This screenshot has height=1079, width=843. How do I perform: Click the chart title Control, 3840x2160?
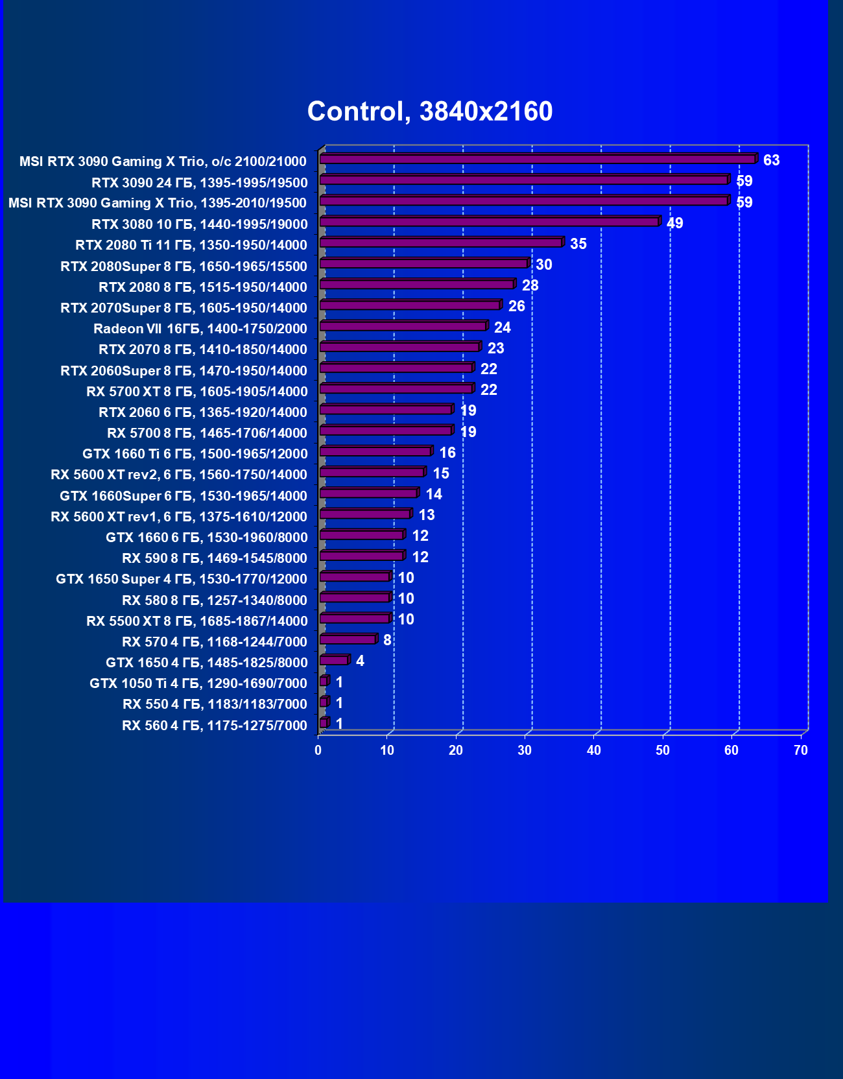click(x=430, y=112)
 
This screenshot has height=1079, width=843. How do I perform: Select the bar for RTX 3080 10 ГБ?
click(x=490, y=222)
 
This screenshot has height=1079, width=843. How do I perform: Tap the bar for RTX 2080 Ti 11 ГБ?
click(x=441, y=243)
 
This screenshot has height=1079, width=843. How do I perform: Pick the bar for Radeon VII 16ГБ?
click(x=403, y=327)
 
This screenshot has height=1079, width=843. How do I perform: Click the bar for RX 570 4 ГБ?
click(x=348, y=640)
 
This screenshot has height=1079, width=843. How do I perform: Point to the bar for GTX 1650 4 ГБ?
click(x=335, y=661)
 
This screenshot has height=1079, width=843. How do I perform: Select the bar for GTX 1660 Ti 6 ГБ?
click(x=375, y=452)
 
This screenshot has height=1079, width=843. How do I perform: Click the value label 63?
click(x=771, y=160)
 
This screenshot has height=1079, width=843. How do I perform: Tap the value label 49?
click(x=674, y=223)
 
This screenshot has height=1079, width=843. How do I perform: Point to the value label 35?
click(x=578, y=244)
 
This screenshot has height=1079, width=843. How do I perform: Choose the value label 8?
click(x=387, y=640)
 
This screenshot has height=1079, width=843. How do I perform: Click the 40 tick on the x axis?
click(x=593, y=750)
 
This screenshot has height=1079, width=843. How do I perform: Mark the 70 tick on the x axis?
click(x=801, y=750)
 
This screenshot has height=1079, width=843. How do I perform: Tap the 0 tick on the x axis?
click(x=318, y=750)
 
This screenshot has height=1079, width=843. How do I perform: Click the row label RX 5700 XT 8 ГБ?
click(x=197, y=392)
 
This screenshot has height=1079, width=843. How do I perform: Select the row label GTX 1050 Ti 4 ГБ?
click(x=198, y=683)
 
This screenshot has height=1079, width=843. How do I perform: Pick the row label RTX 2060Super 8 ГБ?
click(x=184, y=371)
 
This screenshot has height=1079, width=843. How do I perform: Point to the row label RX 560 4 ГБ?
click(x=215, y=726)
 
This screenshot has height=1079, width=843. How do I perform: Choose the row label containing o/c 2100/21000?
click(x=163, y=161)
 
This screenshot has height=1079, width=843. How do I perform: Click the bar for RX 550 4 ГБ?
click(x=324, y=702)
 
